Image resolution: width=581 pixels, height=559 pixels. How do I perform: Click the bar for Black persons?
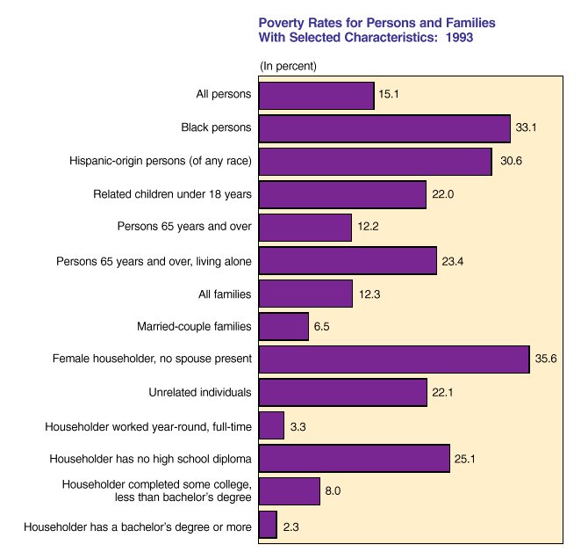coord(384,127)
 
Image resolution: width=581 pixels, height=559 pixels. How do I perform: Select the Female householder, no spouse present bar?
coord(394,359)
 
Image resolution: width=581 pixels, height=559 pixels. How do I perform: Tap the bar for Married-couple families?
coord(283,326)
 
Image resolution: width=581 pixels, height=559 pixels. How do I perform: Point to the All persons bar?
coord(316,95)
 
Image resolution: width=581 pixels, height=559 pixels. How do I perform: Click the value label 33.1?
coord(526,128)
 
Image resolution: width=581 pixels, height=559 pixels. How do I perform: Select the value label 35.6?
coord(547,359)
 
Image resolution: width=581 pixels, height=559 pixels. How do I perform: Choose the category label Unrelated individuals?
coord(201,392)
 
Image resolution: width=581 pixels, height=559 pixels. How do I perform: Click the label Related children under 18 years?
coord(172,194)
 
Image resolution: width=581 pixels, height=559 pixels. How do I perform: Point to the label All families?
coord(226,293)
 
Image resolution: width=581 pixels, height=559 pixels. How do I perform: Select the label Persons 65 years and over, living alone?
coord(154,260)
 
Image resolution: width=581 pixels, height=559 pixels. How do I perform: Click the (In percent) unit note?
coord(288,66)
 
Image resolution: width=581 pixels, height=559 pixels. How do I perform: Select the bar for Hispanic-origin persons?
coord(375,161)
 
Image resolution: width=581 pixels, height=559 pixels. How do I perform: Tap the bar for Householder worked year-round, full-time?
coord(271,426)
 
